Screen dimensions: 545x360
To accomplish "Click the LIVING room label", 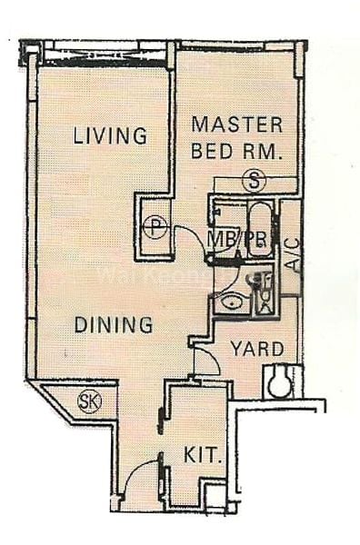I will [110, 136].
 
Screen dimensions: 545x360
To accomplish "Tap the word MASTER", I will [236, 125].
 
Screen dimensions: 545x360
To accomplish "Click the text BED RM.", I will [237, 151].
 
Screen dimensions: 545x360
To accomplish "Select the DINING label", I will [113, 324].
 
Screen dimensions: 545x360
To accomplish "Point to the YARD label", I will [256, 349].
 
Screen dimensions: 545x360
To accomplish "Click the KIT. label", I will [203, 454].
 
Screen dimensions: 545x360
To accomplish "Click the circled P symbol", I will [155, 226].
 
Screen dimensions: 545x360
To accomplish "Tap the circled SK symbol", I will [89, 401].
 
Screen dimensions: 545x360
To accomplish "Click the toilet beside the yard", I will [280, 381].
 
